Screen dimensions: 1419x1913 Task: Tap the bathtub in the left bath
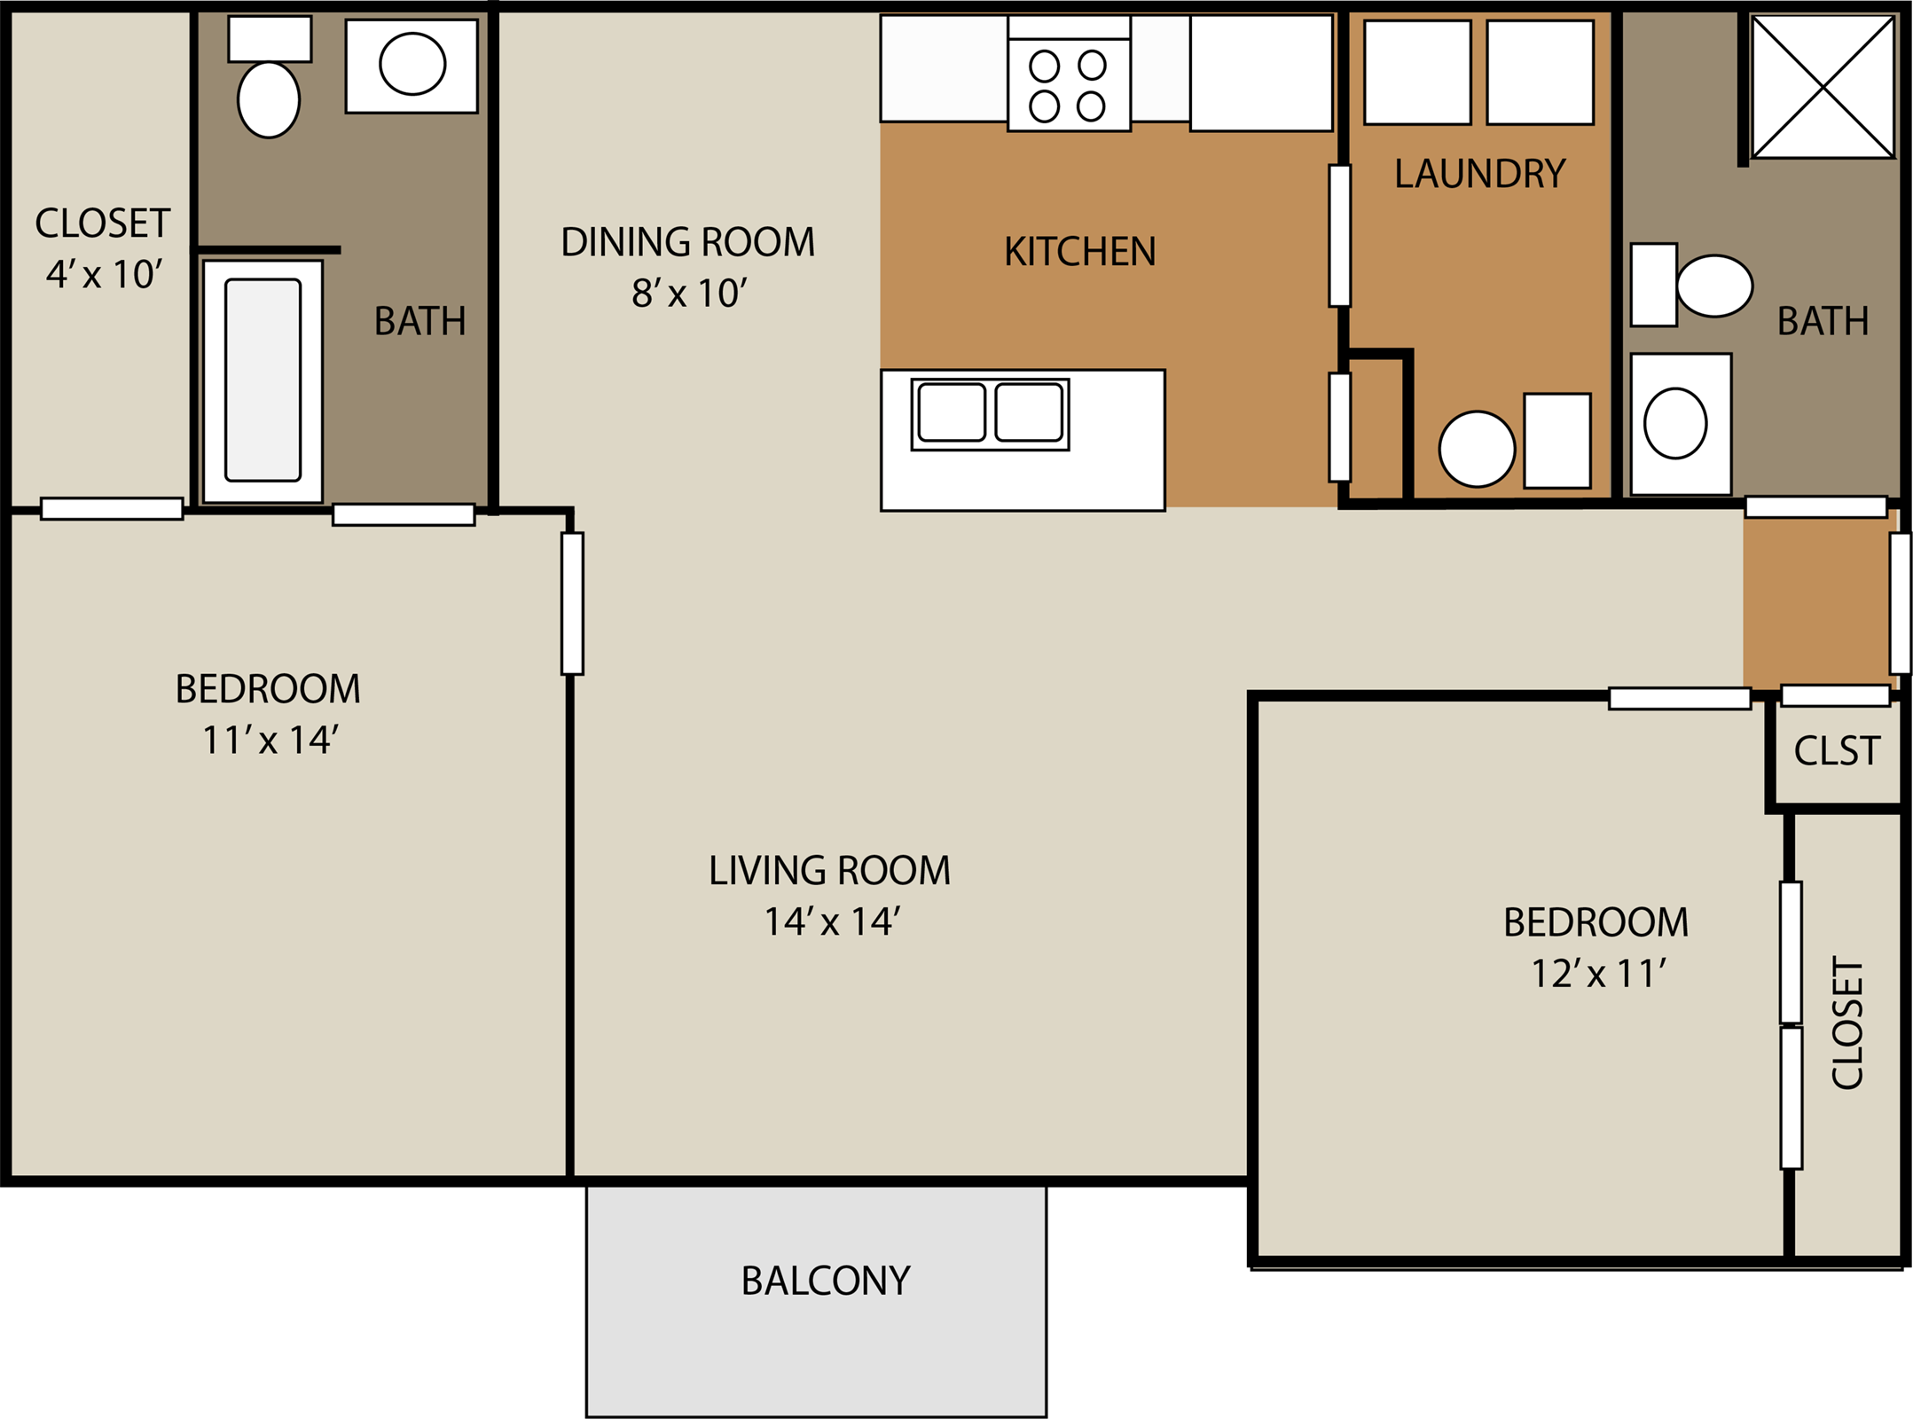click(x=263, y=380)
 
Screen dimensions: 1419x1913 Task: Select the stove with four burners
click(x=1069, y=84)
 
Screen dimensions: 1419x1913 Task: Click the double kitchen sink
click(x=990, y=413)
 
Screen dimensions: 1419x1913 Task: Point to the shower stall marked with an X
click(x=1823, y=87)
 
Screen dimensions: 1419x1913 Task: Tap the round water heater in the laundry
click(x=1477, y=449)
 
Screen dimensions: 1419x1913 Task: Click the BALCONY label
click(x=825, y=1281)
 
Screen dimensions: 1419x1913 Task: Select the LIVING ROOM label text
click(x=829, y=870)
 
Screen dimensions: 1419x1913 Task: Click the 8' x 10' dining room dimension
click(x=689, y=294)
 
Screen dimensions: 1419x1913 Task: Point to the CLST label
click(x=1836, y=751)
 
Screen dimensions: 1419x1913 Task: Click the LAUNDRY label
click(x=1479, y=174)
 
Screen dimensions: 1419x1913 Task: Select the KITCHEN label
click(x=1079, y=252)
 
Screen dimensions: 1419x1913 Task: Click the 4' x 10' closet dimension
click(x=104, y=274)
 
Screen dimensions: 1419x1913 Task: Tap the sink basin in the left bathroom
click(x=412, y=64)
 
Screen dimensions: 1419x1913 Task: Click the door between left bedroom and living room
click(x=572, y=603)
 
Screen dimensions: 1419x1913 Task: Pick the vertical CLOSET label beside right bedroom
click(x=1847, y=1023)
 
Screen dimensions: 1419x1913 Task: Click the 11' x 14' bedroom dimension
click(x=270, y=741)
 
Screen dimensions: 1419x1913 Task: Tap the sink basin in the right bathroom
click(x=1674, y=424)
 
